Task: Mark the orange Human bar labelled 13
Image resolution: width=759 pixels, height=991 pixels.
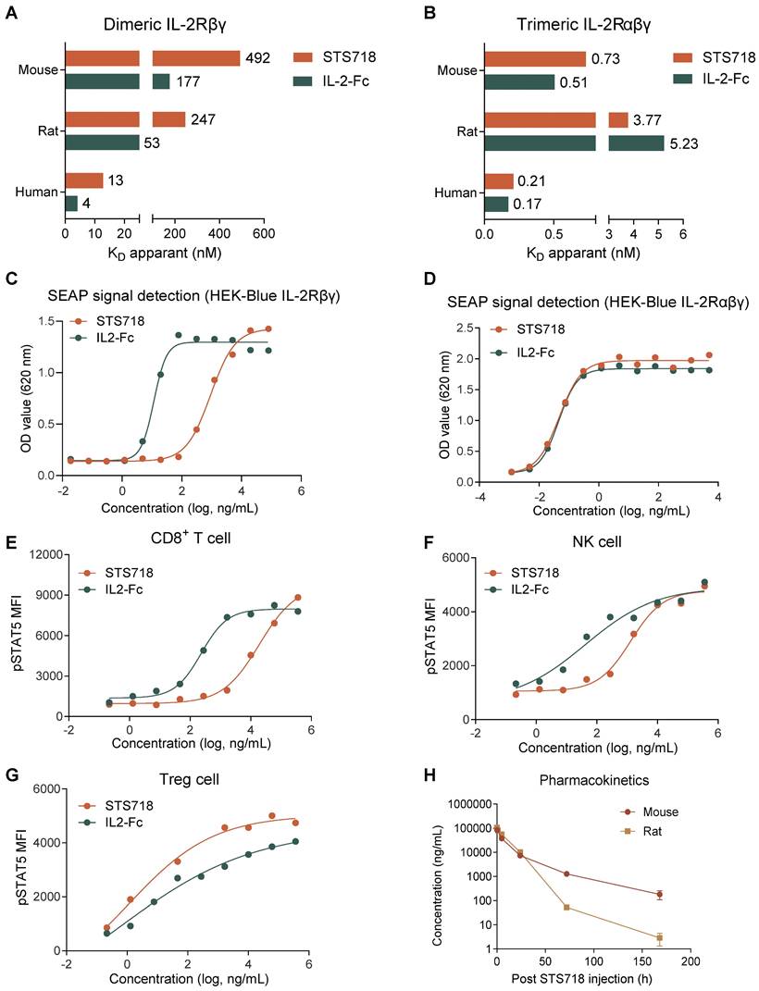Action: tap(84, 180)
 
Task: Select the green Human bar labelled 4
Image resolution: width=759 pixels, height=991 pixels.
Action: tap(71, 203)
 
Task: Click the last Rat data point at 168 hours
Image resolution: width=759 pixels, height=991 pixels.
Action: tap(659, 938)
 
